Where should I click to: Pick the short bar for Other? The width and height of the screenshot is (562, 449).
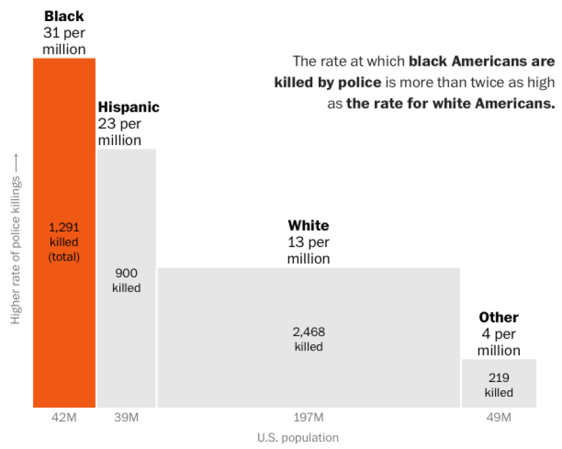[499, 383]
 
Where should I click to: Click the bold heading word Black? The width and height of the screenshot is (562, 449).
[64, 16]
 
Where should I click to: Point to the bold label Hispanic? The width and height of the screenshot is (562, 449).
[128, 107]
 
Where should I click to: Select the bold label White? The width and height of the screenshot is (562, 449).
[308, 225]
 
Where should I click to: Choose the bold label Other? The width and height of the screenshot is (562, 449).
[499, 317]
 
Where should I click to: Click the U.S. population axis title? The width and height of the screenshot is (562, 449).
[298, 438]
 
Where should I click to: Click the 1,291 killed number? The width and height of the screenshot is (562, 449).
[64, 227]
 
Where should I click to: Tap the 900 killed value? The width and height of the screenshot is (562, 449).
[126, 272]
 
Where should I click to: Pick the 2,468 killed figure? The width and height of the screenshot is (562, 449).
[308, 332]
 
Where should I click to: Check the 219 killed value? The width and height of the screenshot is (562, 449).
[499, 377]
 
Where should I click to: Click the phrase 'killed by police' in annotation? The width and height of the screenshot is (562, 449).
[328, 82]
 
